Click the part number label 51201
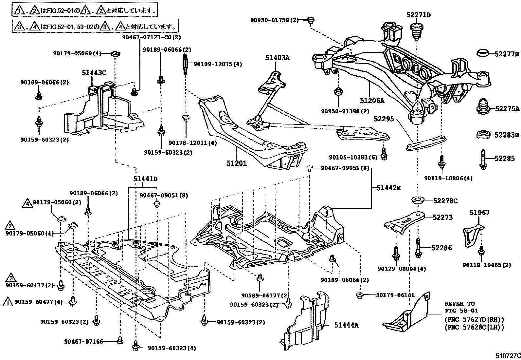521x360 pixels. [x=236, y=163]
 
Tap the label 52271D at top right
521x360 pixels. [x=418, y=15]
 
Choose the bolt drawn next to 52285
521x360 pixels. [x=483, y=160]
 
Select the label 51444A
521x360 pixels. [x=346, y=325]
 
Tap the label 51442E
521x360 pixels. [x=388, y=188]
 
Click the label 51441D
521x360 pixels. [x=145, y=179]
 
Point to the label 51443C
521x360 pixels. [x=94, y=73]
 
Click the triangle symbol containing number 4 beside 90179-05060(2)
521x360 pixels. [x=27, y=203]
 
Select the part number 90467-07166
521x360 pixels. [x=84, y=342]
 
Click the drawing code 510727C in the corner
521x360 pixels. [x=507, y=355]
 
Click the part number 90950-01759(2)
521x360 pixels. [x=275, y=20]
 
